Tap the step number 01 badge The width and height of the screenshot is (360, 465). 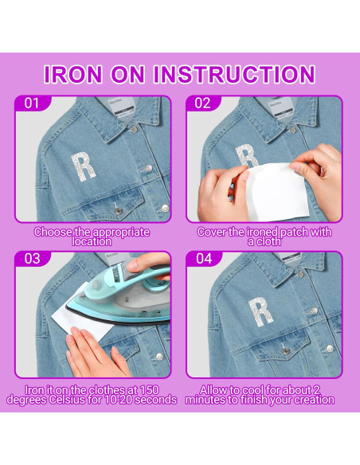click(x=31, y=103)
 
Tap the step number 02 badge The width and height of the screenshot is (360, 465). click(x=204, y=103)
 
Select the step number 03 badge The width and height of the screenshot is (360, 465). click(x=31, y=259)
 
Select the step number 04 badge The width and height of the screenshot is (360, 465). click(x=204, y=259)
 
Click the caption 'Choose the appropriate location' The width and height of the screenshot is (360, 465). click(x=92, y=236)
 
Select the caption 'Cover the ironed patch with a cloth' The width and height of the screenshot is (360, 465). click(x=265, y=236)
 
